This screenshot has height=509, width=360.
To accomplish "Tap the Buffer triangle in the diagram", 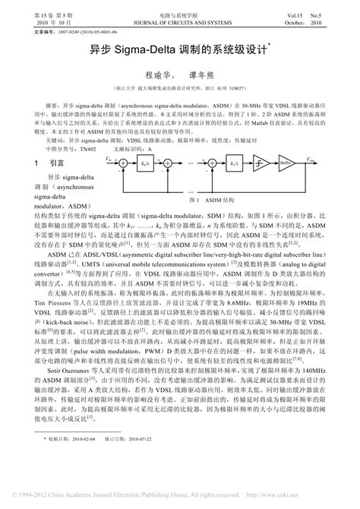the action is point(305,163).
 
